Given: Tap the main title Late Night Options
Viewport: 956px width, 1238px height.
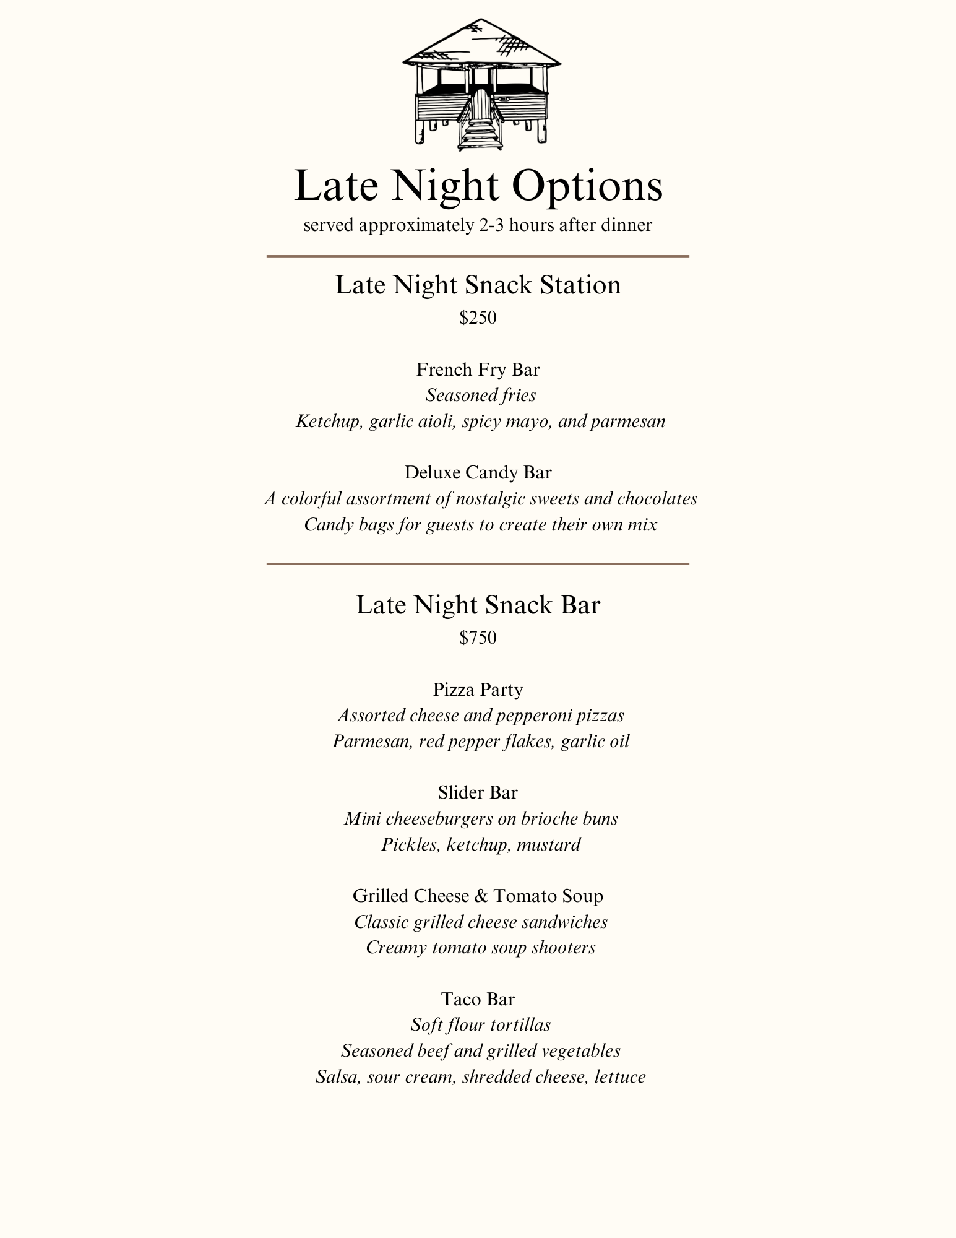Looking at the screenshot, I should [478, 185].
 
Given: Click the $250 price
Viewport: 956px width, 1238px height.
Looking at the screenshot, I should [478, 318].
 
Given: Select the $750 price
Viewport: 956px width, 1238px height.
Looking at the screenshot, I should [478, 638].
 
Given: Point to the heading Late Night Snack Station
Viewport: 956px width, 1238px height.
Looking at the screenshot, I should [478, 285].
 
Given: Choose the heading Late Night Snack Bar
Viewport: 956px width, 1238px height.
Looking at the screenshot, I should [478, 605].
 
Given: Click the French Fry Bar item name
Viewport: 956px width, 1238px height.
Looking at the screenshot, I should [478, 370].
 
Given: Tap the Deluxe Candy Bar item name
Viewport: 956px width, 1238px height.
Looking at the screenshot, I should [478, 472].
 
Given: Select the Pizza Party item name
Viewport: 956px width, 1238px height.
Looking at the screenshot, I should [478, 689].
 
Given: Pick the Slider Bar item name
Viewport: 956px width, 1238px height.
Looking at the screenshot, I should [478, 792].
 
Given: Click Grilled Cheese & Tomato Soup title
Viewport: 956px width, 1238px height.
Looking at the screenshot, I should [478, 896].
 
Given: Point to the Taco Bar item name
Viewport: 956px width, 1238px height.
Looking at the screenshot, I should [478, 998].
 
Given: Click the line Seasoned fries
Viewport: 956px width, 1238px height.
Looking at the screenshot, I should [481, 395].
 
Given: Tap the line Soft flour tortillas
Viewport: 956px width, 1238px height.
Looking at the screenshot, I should [481, 1024].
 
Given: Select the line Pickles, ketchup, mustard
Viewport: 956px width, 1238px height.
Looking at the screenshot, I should [481, 844].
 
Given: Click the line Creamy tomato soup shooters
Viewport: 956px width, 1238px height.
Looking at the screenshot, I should [481, 947].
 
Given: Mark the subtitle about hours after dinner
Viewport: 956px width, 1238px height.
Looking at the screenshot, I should [478, 225].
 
